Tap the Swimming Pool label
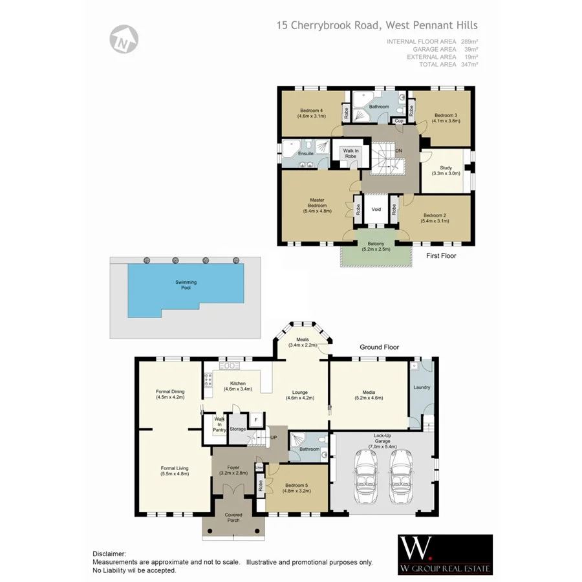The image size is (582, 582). [186, 285]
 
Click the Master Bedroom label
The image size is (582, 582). [317, 205]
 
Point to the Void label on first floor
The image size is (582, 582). [376, 210]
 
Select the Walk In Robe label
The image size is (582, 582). [350, 154]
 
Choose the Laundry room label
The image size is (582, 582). [422, 388]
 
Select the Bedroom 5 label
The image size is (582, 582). [297, 488]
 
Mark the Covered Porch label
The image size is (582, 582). [233, 518]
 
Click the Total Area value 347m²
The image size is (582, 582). [470, 65]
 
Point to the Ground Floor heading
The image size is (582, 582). [380, 347]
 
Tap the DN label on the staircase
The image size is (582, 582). [398, 150]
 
